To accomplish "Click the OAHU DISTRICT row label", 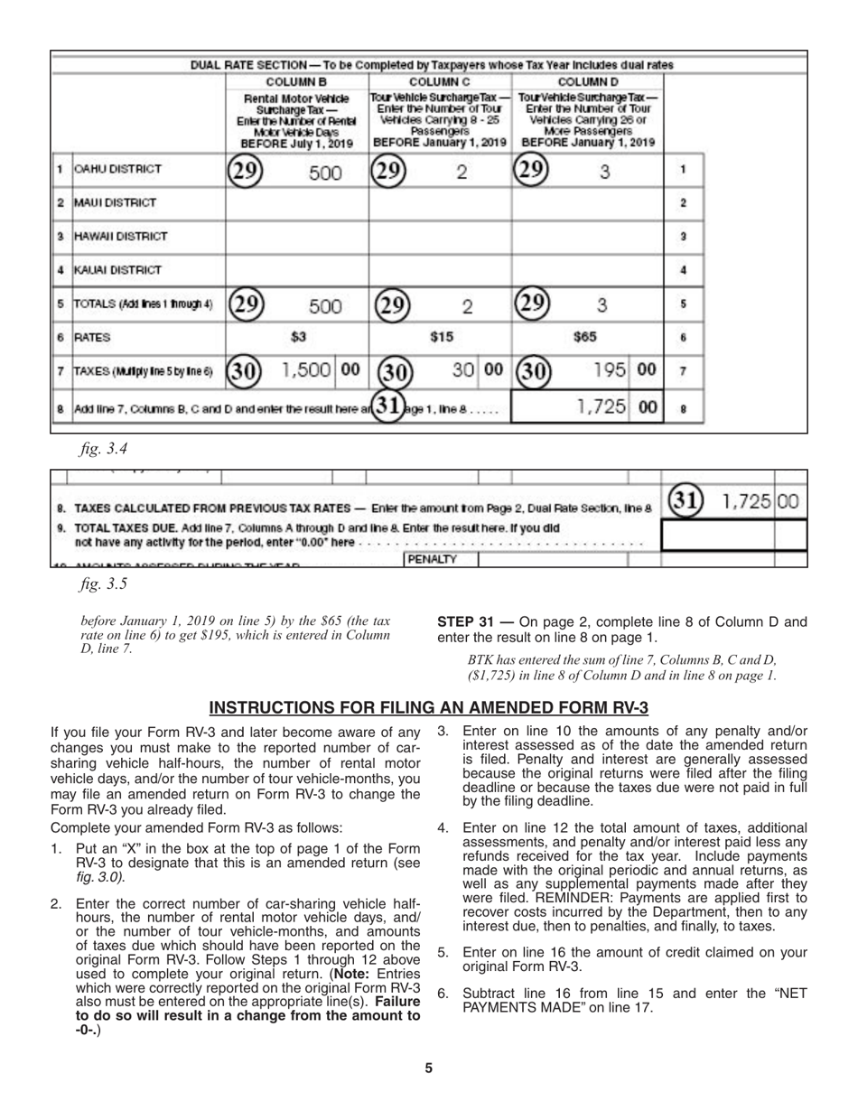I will pos(118,169).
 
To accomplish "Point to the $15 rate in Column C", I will pos(441,337).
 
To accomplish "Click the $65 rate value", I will pos(585,337).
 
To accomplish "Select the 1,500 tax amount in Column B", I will pos(306,369).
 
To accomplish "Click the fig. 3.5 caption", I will pos(103,584).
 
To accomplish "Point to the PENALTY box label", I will pos(433,560).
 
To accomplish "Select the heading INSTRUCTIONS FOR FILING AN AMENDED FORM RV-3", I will pos(428,707).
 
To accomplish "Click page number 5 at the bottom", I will pos(428,1069).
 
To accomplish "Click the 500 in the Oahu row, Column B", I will pos(325,173).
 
